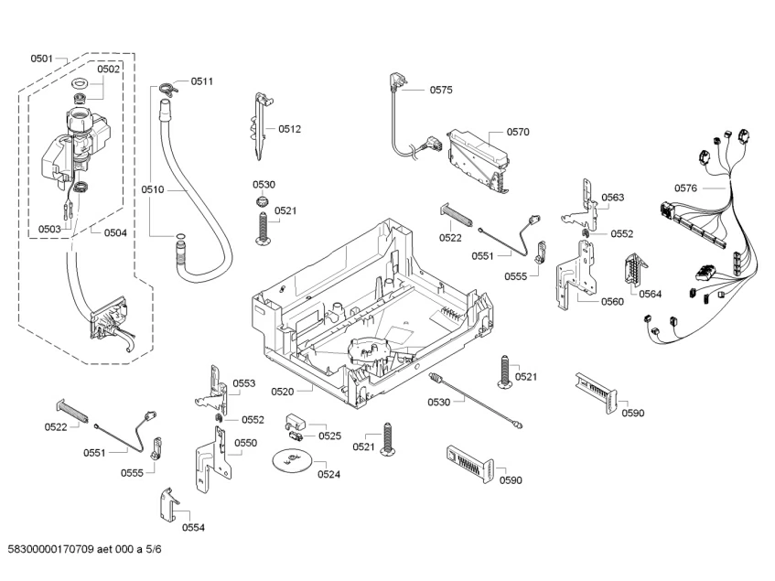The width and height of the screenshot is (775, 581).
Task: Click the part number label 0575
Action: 441,90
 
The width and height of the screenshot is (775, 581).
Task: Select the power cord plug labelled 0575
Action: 397,82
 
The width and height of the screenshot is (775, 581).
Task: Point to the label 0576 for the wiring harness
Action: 685,188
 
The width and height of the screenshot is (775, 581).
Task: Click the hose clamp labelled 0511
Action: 168,89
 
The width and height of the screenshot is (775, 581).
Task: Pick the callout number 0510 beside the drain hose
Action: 152,189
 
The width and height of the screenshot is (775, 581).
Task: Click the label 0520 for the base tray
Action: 282,392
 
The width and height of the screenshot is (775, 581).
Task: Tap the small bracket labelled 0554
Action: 168,504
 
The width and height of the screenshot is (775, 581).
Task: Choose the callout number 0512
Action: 290,129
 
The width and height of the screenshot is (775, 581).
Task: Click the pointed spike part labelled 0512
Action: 261,125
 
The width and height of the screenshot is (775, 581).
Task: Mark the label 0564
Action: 650,295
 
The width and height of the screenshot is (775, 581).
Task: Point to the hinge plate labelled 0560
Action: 575,274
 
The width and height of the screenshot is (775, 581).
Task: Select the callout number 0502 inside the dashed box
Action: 108,70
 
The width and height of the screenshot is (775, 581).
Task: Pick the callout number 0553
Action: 244,383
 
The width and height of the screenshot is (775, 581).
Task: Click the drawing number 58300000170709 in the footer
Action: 51,549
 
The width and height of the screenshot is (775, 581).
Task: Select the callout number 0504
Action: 115,233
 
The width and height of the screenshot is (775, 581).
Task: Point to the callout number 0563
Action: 613,198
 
